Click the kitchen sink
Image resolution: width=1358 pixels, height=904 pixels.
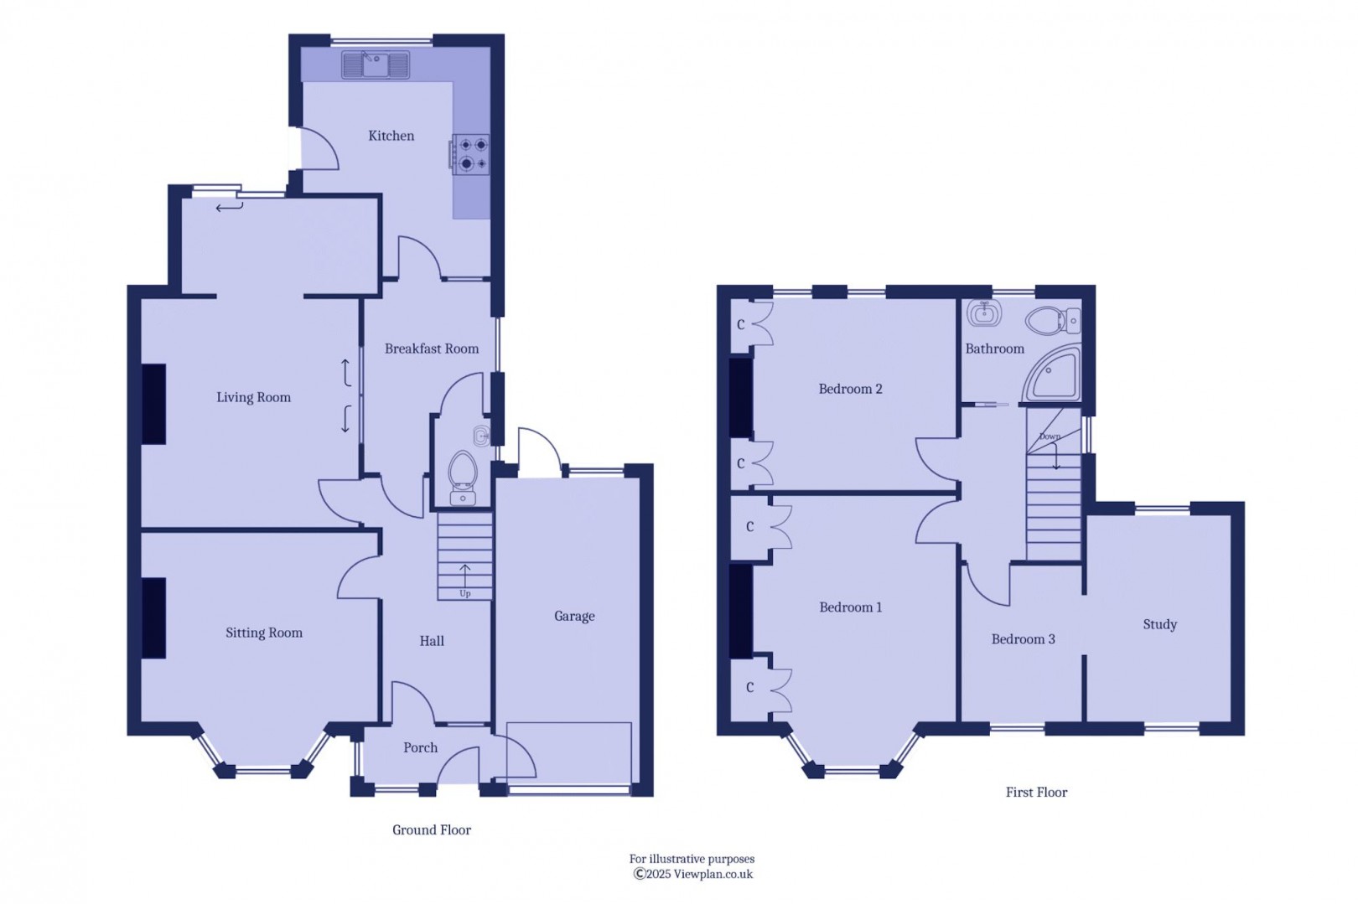376,65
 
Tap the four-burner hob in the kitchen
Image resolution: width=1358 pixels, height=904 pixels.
469,154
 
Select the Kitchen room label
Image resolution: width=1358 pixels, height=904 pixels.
391,136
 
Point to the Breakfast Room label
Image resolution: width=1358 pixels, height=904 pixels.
432,349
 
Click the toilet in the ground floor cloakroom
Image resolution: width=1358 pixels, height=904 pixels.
463,478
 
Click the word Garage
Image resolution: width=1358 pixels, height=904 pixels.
574,616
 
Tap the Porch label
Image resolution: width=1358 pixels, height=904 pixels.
421,747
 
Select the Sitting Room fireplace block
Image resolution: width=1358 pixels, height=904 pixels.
154,618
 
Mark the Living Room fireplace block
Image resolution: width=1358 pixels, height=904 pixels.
154,404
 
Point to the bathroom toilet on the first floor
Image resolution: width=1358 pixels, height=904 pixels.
1053,320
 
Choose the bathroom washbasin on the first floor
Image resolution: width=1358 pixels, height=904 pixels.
984,313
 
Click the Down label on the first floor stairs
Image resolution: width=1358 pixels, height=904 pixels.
1050,437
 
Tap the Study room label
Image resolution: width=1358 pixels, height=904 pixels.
1160,624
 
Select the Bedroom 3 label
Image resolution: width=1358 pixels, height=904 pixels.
1024,639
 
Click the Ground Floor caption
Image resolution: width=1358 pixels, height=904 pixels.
432,830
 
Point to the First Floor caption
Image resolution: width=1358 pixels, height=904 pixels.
1037,792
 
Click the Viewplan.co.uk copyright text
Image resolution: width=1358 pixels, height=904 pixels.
693,874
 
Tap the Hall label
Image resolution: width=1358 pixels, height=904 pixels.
432,641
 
